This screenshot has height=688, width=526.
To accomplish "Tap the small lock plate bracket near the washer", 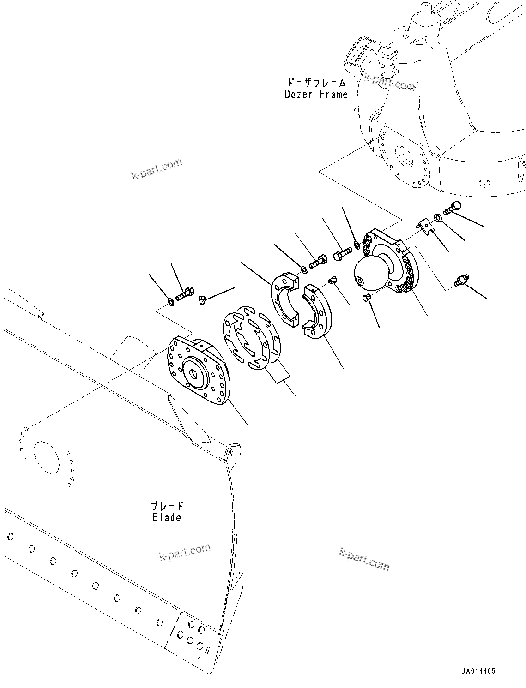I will click(x=426, y=227).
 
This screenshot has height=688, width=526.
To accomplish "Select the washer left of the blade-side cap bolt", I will click(x=170, y=301).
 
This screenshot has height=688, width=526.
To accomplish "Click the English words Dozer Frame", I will click(x=316, y=95).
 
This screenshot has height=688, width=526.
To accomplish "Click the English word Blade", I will click(x=167, y=517).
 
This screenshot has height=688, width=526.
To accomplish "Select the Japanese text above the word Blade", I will click(x=167, y=506).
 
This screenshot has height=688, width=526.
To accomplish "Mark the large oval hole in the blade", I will click(x=46, y=457).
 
